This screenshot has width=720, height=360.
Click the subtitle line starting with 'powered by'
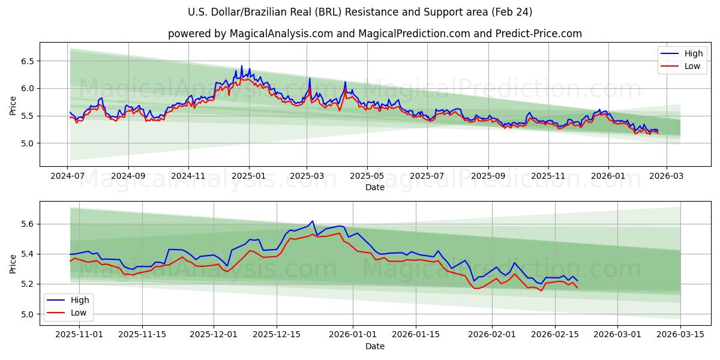click(x=374, y=34)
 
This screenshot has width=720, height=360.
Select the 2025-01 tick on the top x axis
click(x=248, y=177)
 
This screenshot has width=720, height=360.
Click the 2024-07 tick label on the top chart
click(x=68, y=177)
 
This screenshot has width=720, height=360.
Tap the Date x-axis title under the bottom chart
click(x=375, y=346)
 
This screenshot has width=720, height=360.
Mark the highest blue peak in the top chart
click(x=242, y=65)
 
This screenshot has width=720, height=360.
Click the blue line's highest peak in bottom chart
click(x=312, y=221)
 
